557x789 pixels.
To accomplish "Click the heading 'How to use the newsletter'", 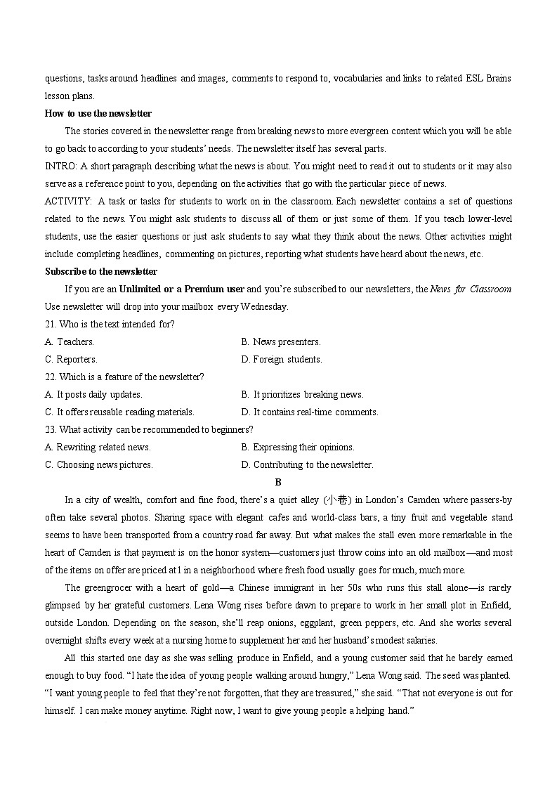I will (x=98, y=113).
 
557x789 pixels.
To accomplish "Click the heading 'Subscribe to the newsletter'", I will (x=101, y=271).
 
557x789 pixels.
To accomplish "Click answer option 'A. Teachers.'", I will (x=70, y=341).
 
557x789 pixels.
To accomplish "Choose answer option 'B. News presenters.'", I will (x=281, y=341).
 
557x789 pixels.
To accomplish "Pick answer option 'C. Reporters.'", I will (x=71, y=359).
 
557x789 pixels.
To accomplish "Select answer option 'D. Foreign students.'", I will (x=282, y=359).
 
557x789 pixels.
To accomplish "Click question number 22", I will (x=51, y=377).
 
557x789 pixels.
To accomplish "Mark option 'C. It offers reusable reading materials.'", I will (x=119, y=412).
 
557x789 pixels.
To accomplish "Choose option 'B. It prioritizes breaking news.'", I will (x=302, y=394).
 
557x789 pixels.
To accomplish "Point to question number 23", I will (x=51, y=429).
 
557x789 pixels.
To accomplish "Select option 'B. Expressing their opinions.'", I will (x=298, y=447).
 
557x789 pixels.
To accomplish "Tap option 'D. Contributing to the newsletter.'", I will (x=307, y=464).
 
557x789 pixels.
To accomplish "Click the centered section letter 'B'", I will (x=278, y=482).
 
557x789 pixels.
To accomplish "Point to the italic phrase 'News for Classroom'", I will (x=471, y=289).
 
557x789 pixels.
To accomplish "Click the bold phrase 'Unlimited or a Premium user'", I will (x=182, y=289).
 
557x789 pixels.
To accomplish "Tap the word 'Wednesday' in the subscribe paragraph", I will (x=264, y=306).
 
